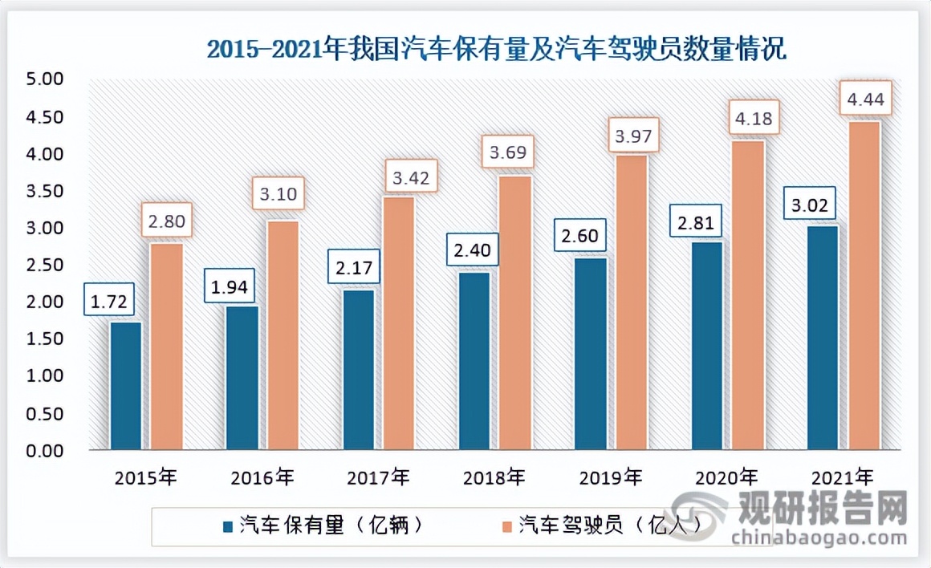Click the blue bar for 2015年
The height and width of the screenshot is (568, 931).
(x=126, y=386)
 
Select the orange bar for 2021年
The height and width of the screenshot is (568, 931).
(x=864, y=286)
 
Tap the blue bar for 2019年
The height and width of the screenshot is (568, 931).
(x=591, y=354)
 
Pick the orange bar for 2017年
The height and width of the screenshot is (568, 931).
(x=398, y=323)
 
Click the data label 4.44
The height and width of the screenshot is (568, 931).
(x=864, y=101)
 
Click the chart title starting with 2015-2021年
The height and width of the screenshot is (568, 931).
(x=497, y=50)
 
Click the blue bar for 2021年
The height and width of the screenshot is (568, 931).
(x=823, y=338)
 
